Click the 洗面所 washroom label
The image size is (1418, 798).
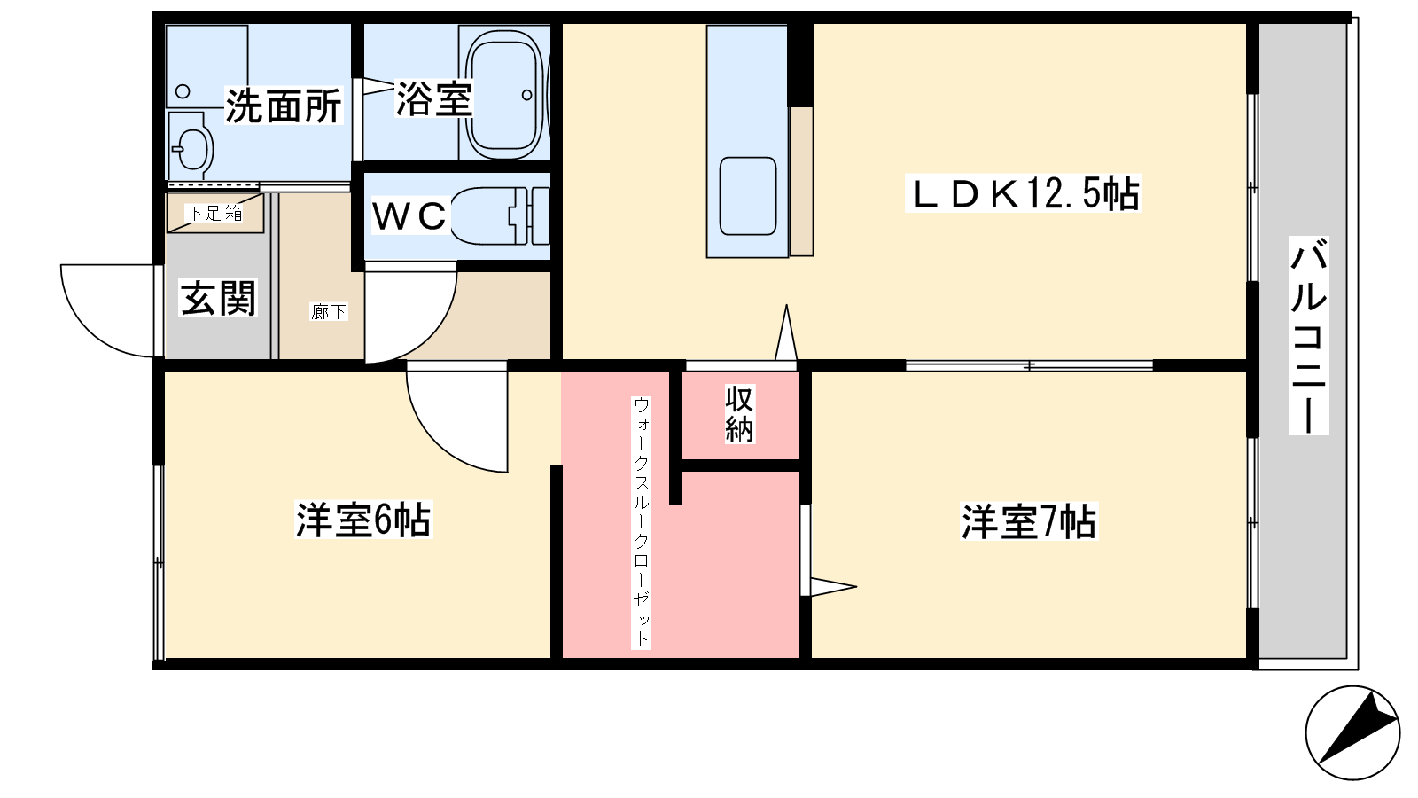[x=284, y=106]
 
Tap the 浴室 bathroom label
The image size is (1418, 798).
[x=433, y=98]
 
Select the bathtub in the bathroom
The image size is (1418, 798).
[x=505, y=95]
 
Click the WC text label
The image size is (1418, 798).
[x=409, y=216]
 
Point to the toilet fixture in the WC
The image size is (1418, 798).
[x=500, y=215]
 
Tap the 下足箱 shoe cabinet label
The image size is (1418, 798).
[x=214, y=214]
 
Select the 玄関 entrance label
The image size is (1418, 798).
[x=218, y=298]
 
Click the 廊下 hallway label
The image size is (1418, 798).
[x=329, y=311]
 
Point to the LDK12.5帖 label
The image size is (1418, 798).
[x=1024, y=193]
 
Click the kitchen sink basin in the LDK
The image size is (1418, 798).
[x=748, y=196]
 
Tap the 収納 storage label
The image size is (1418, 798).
[x=739, y=414]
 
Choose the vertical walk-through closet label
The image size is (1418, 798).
[x=641, y=522]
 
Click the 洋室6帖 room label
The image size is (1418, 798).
[x=363, y=520]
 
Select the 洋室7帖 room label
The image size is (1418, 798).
[x=1029, y=522]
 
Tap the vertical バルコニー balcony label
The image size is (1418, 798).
[x=1308, y=336]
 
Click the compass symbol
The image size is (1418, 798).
[x=1352, y=732]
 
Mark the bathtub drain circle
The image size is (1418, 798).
[x=526, y=96]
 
